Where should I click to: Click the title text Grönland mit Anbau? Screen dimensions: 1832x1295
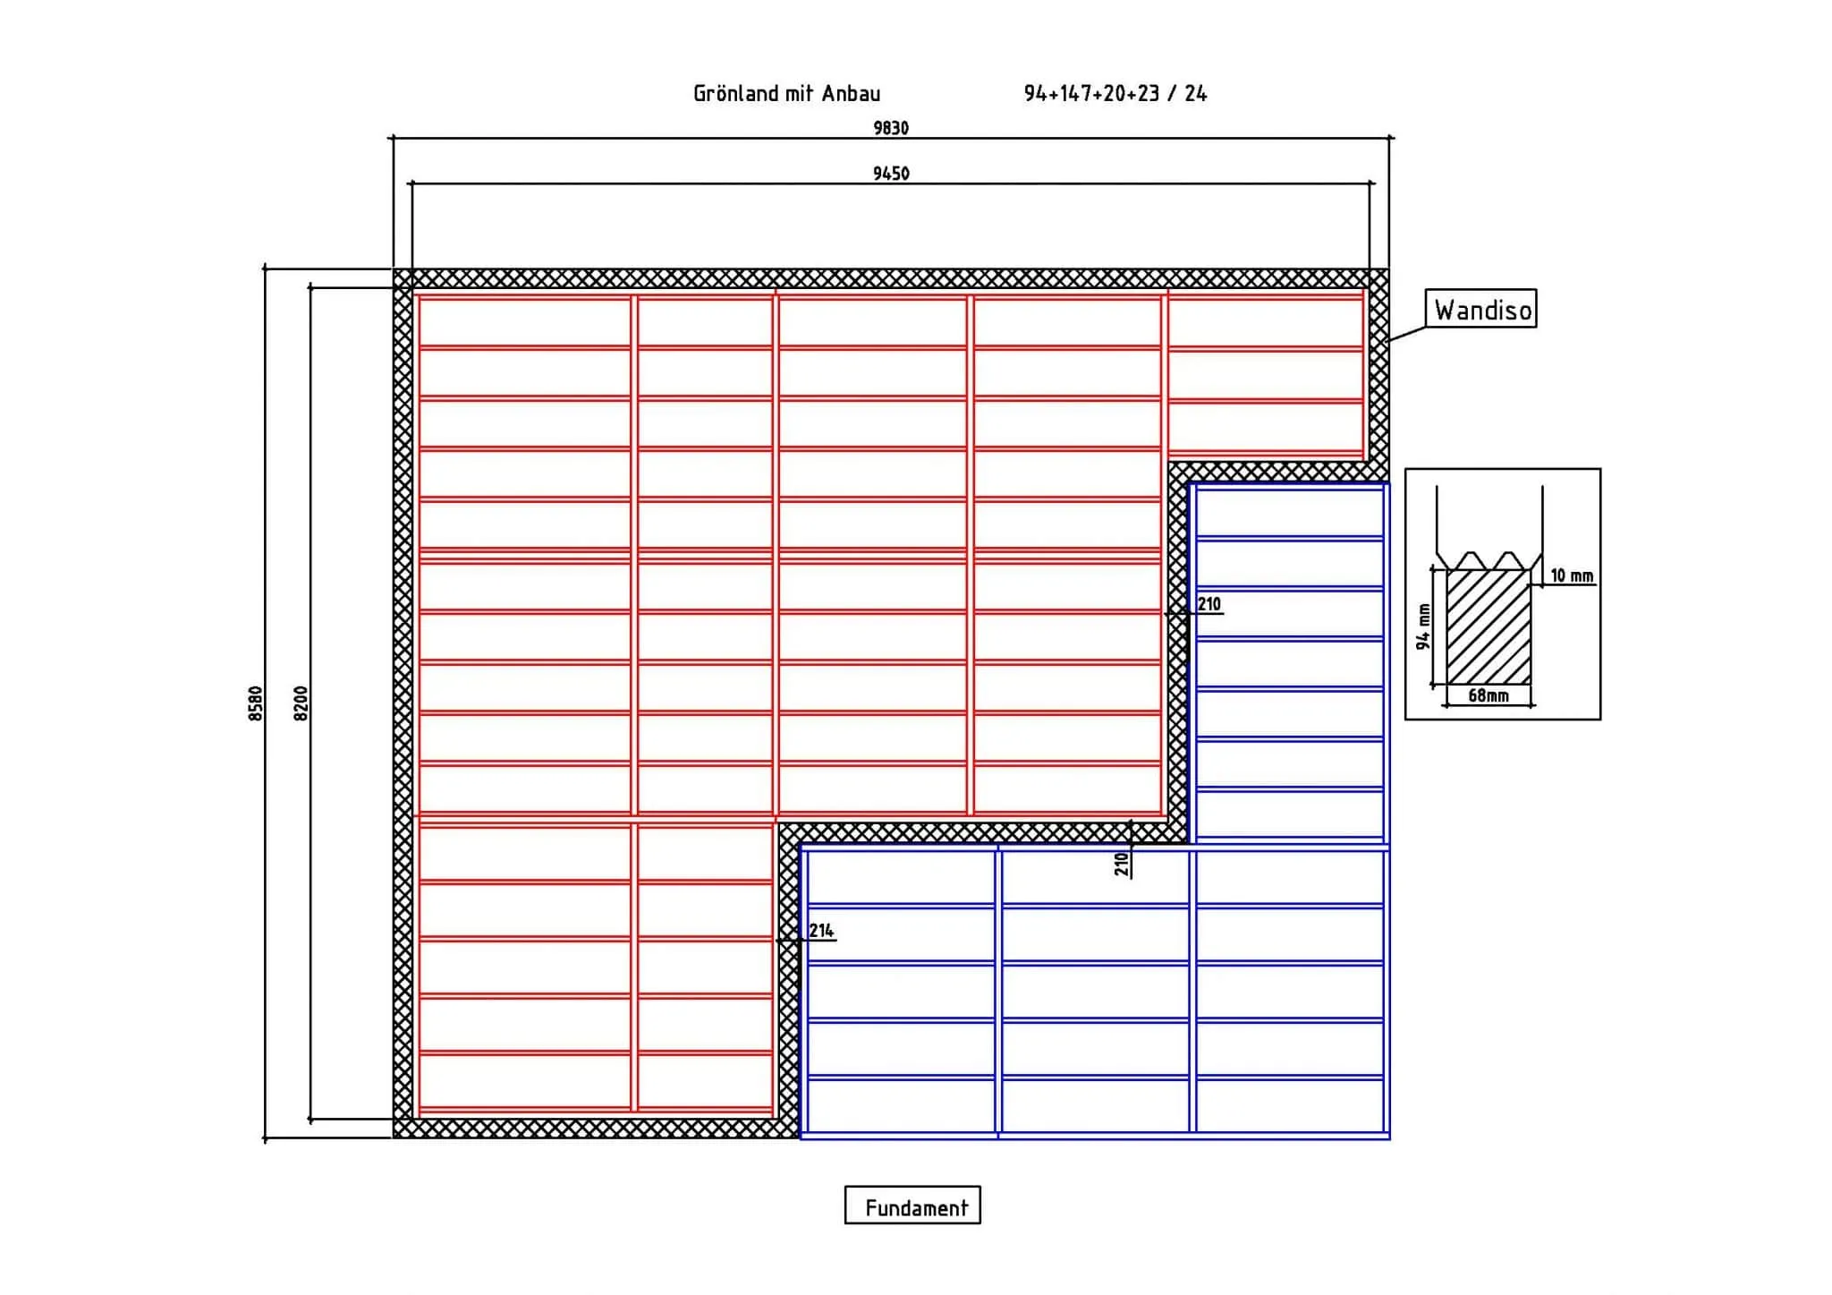click(x=786, y=93)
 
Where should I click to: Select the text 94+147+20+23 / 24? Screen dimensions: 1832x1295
click(x=1115, y=93)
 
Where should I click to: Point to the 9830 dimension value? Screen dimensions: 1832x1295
click(x=891, y=128)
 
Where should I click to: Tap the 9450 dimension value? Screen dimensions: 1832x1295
click(x=891, y=174)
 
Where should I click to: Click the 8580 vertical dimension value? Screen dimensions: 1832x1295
click(x=256, y=703)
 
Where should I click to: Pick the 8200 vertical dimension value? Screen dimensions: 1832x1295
click(x=301, y=703)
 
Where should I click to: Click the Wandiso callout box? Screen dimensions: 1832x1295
click(x=1480, y=309)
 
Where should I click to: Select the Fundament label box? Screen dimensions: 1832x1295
click(x=912, y=1206)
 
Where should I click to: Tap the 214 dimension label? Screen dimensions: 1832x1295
click(x=821, y=931)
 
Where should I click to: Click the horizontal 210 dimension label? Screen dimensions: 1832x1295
click(x=1209, y=604)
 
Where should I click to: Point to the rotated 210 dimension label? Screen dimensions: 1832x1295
click(x=1122, y=864)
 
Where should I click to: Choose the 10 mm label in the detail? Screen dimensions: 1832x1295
click(x=1572, y=575)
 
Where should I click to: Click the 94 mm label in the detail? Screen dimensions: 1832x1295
click(x=1423, y=626)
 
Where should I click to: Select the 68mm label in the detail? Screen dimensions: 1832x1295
click(x=1488, y=695)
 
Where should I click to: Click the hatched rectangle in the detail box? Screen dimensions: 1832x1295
click(x=1488, y=627)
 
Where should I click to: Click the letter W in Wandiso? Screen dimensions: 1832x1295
click(x=1445, y=310)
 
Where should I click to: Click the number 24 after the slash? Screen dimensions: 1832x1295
click(x=1196, y=93)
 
